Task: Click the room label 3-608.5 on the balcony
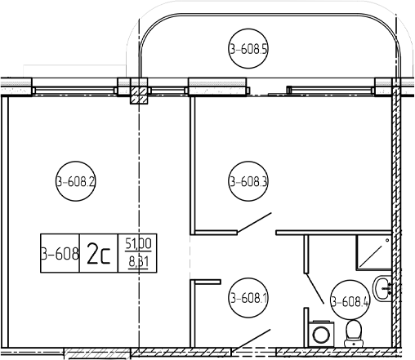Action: tap(248, 49)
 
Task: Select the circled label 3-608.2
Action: tap(76, 181)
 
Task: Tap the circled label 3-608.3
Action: tap(248, 181)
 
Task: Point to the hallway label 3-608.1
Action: tap(248, 298)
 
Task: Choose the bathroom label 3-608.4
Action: tap(350, 301)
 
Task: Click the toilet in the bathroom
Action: tap(354, 334)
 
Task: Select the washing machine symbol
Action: tap(321, 334)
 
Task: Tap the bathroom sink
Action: tap(382, 288)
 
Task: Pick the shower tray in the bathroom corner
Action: tap(374, 252)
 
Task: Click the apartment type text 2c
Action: tap(98, 253)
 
